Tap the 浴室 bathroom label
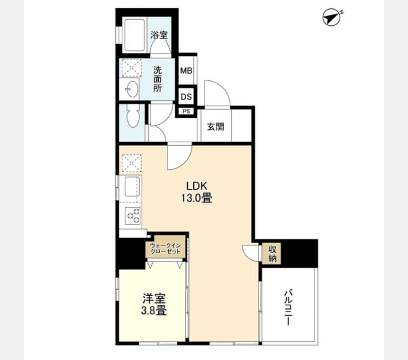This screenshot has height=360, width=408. tap(159, 35)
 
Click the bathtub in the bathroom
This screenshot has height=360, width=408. tap(134, 35)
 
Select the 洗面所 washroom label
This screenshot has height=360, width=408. tap(157, 79)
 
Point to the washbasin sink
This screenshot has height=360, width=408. tap(131, 89)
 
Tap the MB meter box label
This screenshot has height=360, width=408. tap(187, 70)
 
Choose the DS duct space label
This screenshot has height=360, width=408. tap(187, 97)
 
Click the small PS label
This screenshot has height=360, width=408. tap(187, 112)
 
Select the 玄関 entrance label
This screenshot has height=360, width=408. tap(215, 127)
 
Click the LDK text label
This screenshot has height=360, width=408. tap(197, 186)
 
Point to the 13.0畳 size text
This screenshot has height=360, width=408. tap(197, 199)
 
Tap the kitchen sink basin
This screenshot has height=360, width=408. tap(132, 187)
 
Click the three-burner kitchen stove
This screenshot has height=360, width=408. tap(133, 215)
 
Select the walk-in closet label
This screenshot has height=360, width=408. tap(166, 248)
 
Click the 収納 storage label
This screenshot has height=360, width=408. tap(272, 254)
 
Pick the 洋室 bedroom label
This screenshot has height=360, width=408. tap(154, 299)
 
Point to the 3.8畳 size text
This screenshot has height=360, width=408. tap(154, 311)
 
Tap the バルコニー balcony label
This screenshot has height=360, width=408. tap(288, 307)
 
